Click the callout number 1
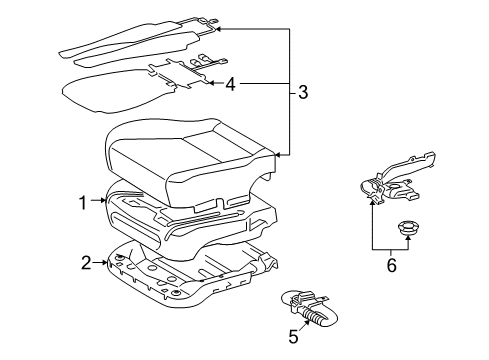coord(82,203)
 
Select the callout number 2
coord(86,263)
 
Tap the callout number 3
coord(303,92)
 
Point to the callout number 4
coord(231,84)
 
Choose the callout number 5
coord(293,336)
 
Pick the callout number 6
coord(392,265)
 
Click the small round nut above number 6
coord(407,228)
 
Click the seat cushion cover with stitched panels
coord(191,163)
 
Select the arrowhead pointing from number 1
coord(103,200)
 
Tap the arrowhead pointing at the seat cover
coord(278,155)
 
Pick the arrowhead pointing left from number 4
coord(212,83)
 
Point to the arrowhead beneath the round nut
coord(407,238)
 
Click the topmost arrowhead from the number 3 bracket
coord(218,29)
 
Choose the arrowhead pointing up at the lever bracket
coord(372,201)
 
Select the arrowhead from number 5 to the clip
coord(307,321)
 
